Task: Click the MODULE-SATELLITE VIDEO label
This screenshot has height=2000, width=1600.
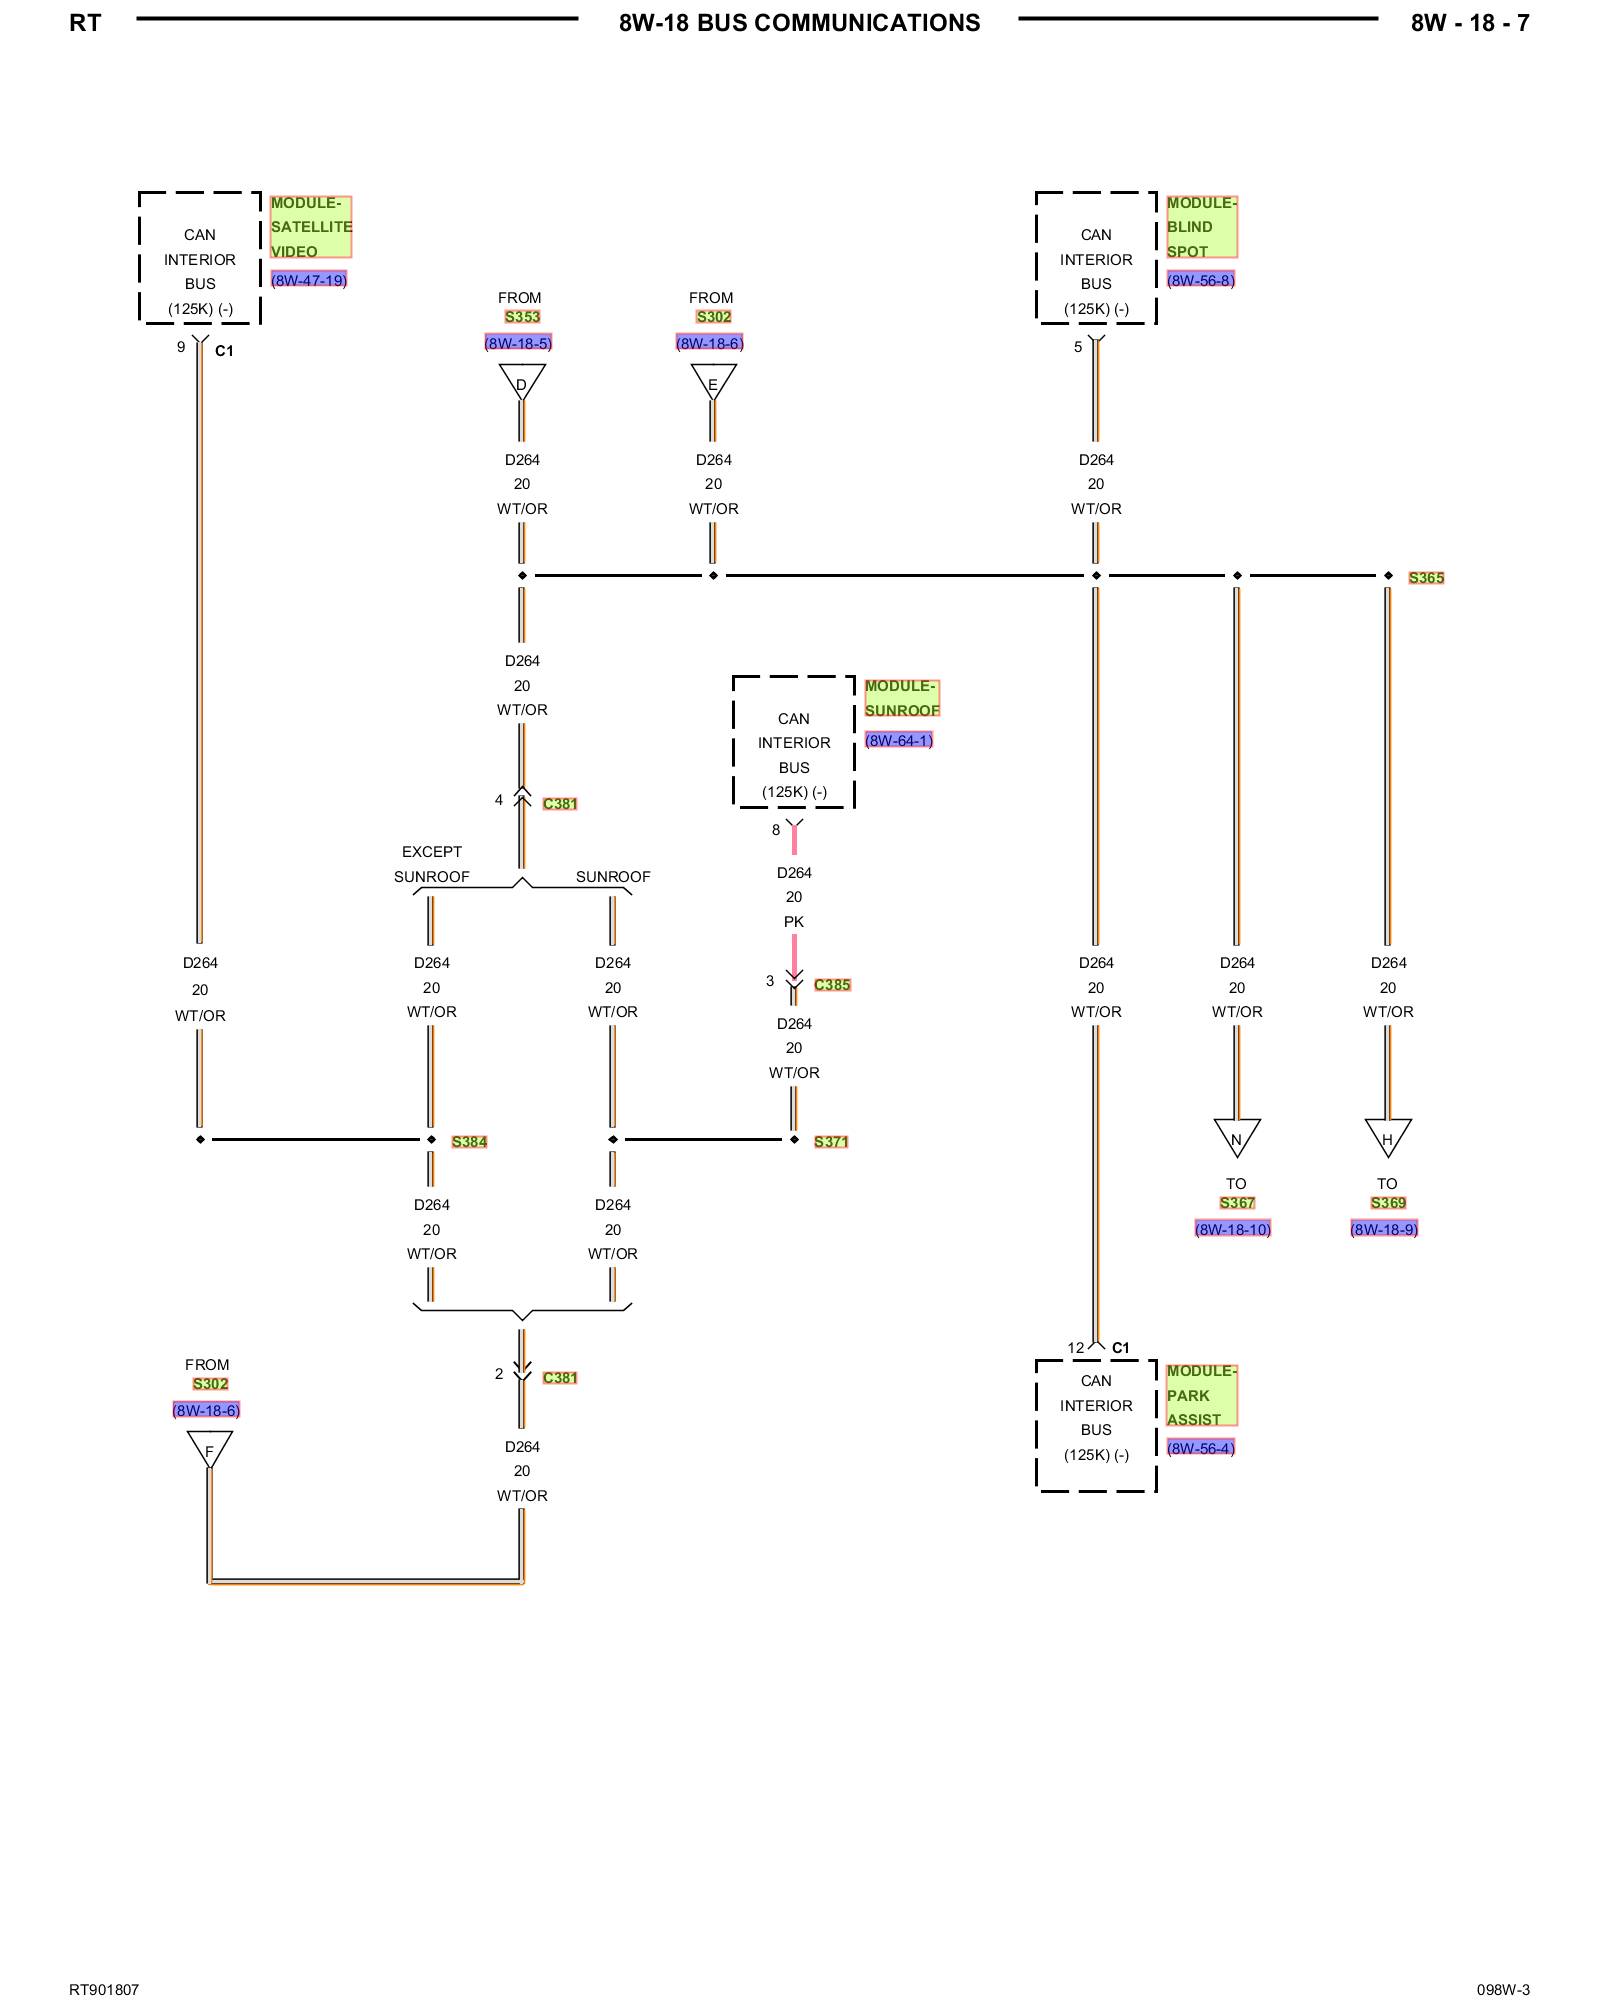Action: coord(310,227)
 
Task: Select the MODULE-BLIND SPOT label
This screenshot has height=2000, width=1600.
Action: coord(1201,227)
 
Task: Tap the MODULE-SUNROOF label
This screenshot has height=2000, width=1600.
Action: coord(902,698)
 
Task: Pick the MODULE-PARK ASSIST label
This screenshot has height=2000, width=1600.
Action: coord(1201,1395)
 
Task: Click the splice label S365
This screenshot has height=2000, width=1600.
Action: coord(1426,578)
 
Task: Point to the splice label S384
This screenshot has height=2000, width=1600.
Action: coord(469,1142)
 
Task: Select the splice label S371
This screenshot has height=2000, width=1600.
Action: coord(831,1142)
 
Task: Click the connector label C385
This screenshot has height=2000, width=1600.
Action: coord(832,985)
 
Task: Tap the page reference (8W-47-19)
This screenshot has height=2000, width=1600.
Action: coord(309,280)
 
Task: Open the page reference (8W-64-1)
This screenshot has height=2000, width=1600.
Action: coord(899,741)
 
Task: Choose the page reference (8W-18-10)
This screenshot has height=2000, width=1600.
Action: coord(1233,1229)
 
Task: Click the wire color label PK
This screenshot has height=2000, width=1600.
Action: coord(794,922)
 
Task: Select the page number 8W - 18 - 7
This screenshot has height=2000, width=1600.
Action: coord(1470,23)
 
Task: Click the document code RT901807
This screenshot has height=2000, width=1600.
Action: coord(104,1990)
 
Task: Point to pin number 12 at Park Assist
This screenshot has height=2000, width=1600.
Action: coord(1075,1348)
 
